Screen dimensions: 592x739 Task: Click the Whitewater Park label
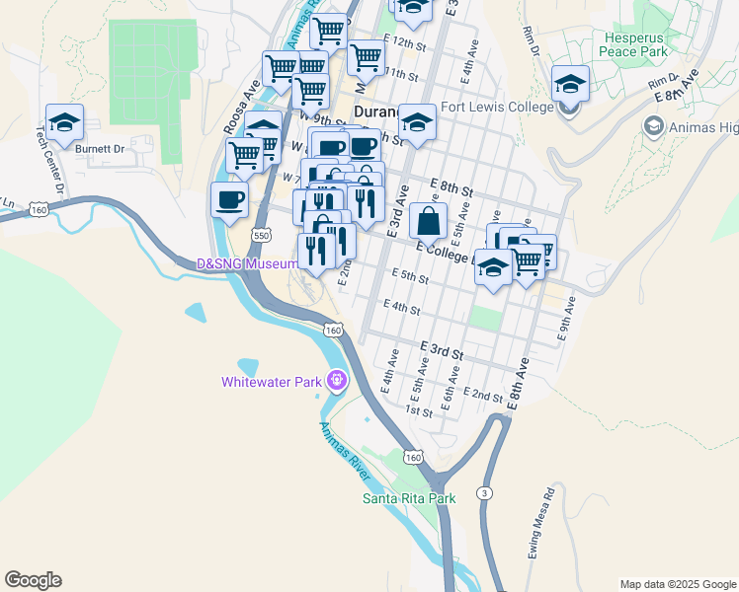click(274, 381)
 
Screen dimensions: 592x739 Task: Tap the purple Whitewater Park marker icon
click(337, 379)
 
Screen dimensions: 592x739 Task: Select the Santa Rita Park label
click(409, 498)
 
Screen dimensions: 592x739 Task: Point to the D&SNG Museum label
click(247, 263)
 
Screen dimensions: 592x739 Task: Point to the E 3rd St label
click(442, 350)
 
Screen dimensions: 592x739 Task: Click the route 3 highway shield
click(484, 492)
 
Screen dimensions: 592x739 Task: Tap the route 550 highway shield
click(261, 236)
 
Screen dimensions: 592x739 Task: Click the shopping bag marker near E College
click(428, 221)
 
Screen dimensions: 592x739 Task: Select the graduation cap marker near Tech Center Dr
click(64, 122)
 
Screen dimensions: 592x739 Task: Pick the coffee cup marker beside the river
click(230, 201)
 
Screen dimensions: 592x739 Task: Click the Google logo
click(33, 580)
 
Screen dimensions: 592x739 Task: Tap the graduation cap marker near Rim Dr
click(570, 84)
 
